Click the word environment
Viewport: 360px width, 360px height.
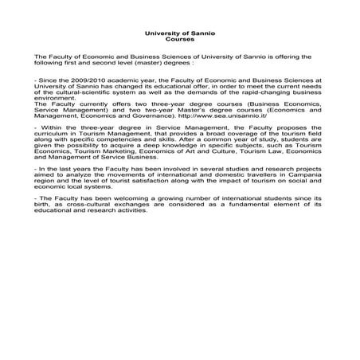53,99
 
